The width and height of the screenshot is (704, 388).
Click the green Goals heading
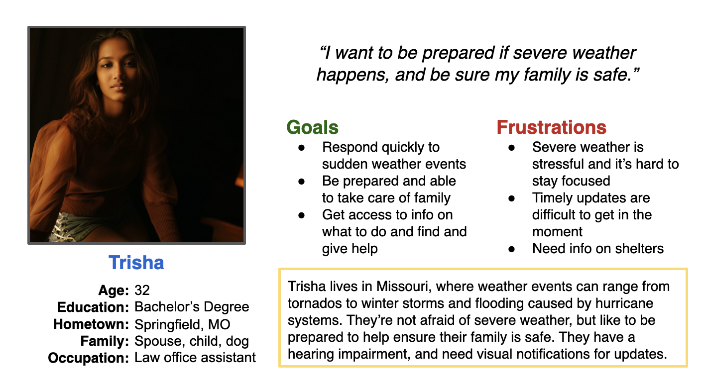[312, 127]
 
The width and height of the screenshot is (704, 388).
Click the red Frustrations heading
[552, 127]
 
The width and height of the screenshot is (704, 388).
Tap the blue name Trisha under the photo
[136, 263]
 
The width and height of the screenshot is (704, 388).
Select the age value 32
[142, 291]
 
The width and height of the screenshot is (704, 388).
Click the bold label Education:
[93, 307]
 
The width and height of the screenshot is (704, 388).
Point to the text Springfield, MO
[182, 325]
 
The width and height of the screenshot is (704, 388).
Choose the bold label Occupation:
[88, 358]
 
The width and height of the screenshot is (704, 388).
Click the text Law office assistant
[195, 358]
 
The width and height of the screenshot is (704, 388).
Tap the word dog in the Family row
[237, 341]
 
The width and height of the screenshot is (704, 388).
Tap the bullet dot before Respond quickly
[302, 148]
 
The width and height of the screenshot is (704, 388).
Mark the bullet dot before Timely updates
[512, 198]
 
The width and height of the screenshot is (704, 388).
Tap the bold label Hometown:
[91, 324]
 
